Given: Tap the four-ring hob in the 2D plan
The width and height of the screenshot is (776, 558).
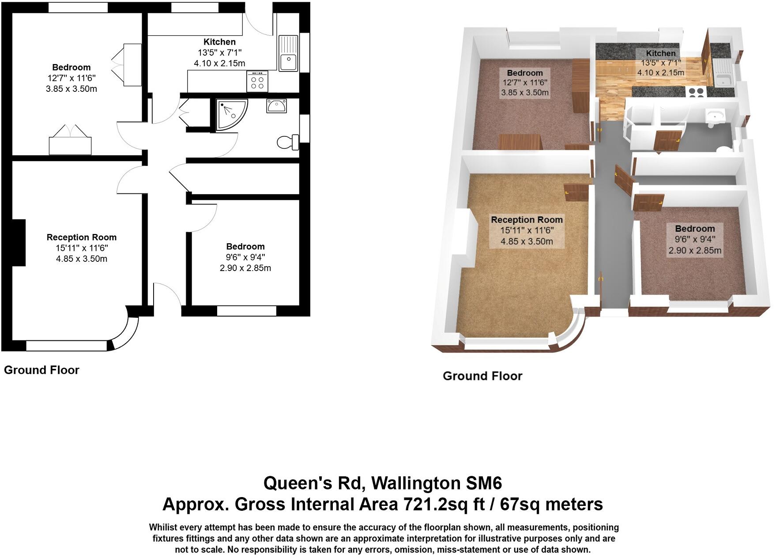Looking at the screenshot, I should click(257, 82).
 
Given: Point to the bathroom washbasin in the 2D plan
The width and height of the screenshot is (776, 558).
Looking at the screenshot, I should click(276, 106).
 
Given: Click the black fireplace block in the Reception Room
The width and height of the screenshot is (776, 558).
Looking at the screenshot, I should click(18, 243).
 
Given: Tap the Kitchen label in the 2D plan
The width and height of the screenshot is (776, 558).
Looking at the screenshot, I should click(219, 42).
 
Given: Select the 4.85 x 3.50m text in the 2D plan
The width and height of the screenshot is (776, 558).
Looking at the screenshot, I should click(81, 259).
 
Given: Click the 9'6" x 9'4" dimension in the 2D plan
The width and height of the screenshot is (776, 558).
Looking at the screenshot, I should click(245, 257).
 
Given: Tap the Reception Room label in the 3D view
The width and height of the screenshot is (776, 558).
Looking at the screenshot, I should click(527, 219).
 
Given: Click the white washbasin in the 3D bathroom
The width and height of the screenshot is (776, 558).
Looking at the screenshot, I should click(715, 116).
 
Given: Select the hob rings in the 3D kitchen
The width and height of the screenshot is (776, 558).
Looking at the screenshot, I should click(697, 92).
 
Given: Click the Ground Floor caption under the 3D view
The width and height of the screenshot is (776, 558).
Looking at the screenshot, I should click(482, 376).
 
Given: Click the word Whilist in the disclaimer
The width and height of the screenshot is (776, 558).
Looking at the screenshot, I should click(163, 527).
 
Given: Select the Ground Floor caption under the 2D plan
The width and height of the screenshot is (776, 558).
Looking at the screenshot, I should click(41, 370).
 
